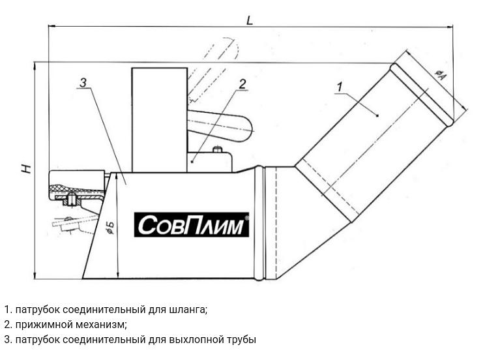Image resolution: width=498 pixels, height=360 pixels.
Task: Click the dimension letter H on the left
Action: pos(25,168)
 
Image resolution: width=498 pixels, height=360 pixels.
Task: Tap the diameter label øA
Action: pos(440,75)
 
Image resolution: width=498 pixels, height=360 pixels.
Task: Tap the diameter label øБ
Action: pos(110,228)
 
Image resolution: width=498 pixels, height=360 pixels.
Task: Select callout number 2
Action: pos(242,83)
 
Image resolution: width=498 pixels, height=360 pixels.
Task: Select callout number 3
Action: pos(83,82)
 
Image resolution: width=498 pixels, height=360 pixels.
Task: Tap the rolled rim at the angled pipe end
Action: pos(422,93)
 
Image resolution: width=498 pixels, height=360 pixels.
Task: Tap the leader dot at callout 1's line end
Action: pos(378,115)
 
